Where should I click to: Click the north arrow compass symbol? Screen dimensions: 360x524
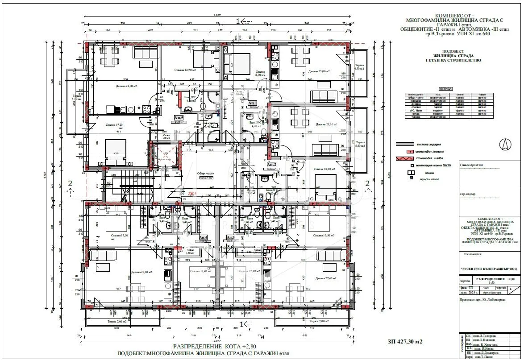coord(504,144)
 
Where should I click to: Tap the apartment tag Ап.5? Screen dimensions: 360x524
coord(179,118)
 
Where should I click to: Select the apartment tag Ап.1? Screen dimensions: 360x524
coord(252,103)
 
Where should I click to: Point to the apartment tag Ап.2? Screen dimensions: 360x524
coord(271,165)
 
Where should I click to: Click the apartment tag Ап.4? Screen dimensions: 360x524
coord(203,238)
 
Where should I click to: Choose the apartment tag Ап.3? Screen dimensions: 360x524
coord(230,238)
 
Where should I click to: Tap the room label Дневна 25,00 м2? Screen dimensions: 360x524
coord(319,71)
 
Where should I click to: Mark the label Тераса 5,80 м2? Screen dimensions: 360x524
coord(360,144)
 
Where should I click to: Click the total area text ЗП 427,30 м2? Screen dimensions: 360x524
coord(405,342)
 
